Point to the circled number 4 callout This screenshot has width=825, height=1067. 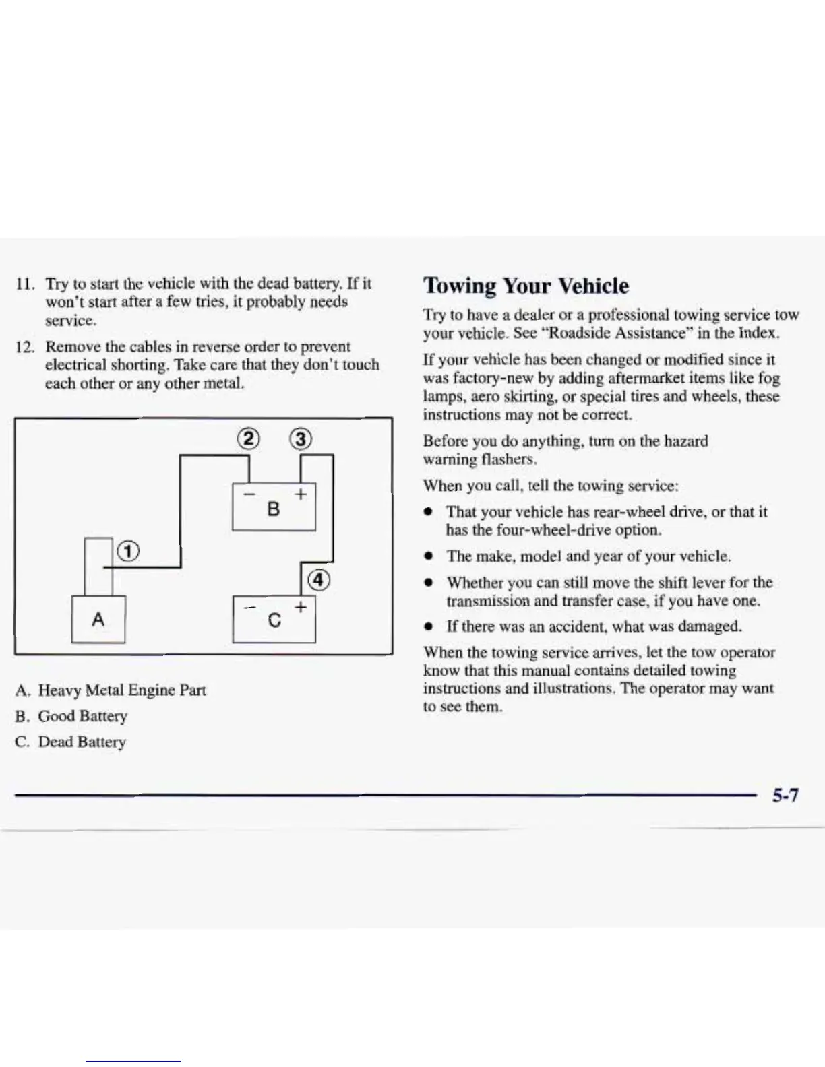pos(318,580)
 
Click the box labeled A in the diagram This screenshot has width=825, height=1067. pos(98,619)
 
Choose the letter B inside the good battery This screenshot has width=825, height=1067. pos(273,509)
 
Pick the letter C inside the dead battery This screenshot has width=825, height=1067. pos(274,620)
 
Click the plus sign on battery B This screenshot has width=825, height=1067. pos(301,494)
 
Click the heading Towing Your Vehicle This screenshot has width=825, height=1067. pos(526,286)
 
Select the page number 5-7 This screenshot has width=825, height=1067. pos(785,796)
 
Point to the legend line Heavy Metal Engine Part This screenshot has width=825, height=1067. pos(121,690)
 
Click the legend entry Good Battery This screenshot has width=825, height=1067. pos(82,716)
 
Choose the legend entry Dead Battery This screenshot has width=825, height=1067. pos(82,742)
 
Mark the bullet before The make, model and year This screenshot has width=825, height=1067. pos(428,556)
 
